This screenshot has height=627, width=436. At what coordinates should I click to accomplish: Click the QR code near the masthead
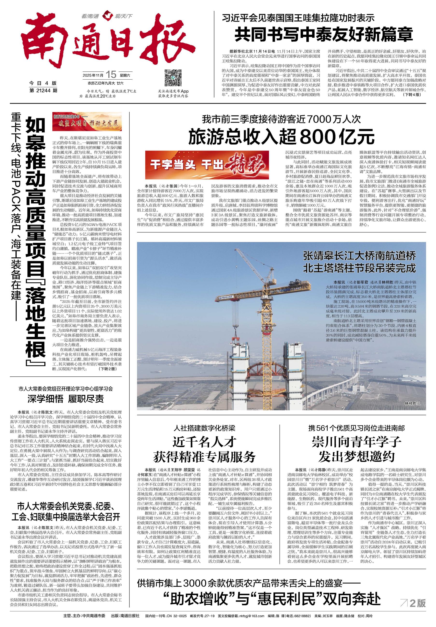point(173,77)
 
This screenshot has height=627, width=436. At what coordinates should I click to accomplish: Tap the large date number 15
point(111,74)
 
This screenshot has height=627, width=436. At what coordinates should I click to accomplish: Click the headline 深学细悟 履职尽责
point(66,399)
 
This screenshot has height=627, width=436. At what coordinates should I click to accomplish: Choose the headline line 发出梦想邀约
point(356,457)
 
